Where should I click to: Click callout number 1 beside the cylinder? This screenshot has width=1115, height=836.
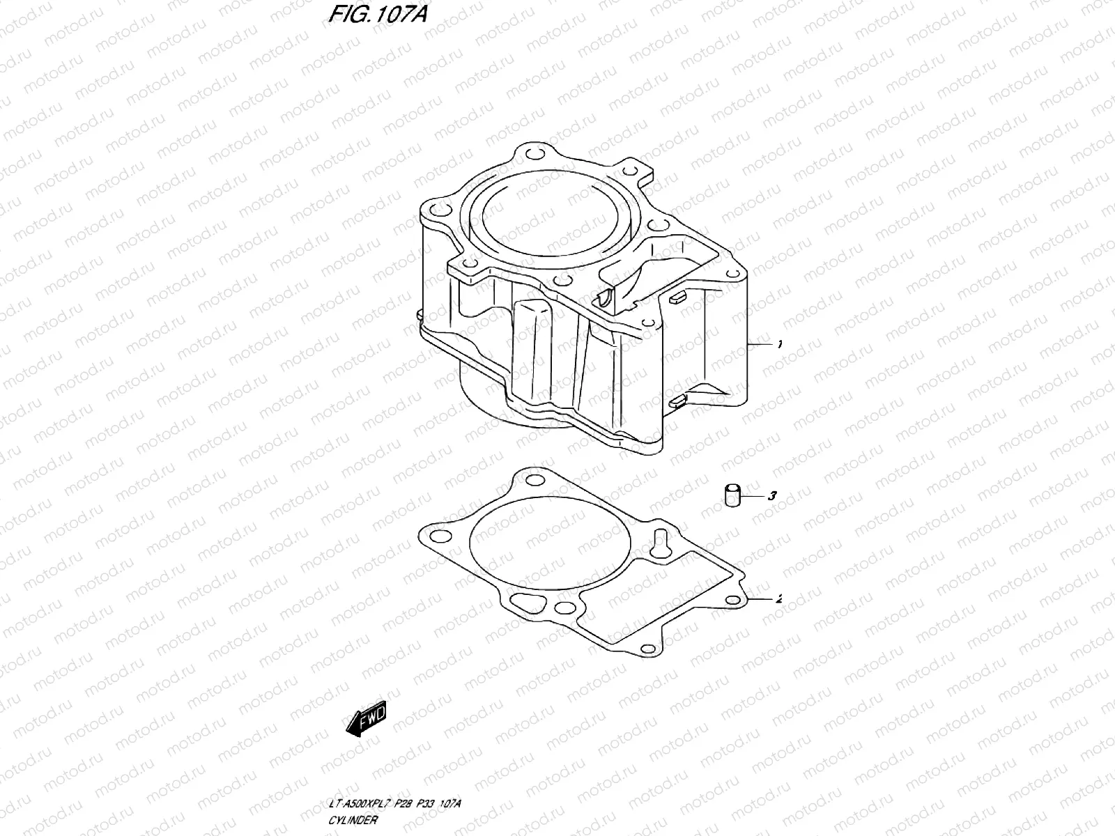(x=780, y=344)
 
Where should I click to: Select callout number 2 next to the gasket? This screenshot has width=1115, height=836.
(x=778, y=598)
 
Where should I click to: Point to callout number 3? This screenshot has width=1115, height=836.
(x=771, y=496)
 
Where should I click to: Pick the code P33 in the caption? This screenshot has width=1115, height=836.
(x=435, y=804)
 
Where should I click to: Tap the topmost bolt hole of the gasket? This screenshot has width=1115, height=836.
(x=534, y=480)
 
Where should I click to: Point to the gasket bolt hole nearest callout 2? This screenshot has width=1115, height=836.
(x=732, y=600)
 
